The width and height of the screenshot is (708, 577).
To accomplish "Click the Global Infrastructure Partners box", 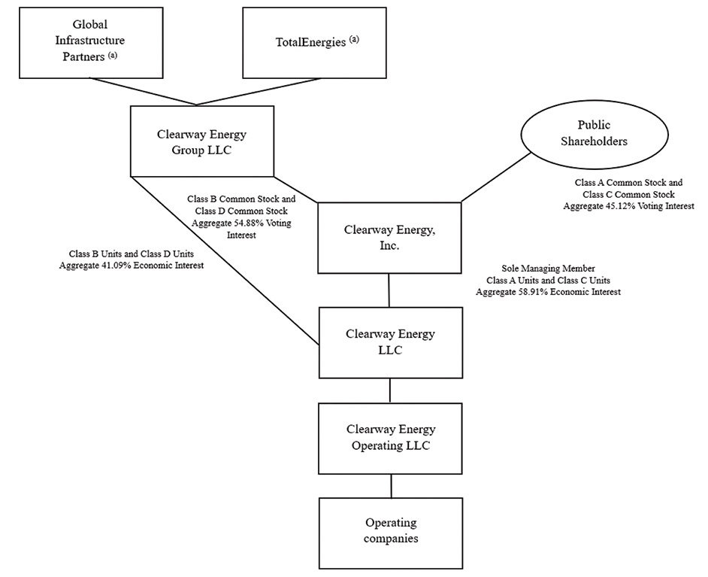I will coord(90,43).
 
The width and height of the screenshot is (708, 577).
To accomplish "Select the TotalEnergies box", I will coord(315,43).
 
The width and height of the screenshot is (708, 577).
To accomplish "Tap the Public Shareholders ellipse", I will coord(593,134).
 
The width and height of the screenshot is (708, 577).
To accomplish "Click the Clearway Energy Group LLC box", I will coord(201,141).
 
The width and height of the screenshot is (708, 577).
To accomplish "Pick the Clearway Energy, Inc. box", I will coord(389,237).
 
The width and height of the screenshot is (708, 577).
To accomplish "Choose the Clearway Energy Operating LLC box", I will coord(390,438).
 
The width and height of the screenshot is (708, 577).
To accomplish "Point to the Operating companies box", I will coord(391,531).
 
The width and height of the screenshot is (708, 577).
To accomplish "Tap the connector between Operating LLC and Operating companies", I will coord(391,486).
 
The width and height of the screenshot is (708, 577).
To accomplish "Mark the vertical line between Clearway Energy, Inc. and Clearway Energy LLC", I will coord(389,290).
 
